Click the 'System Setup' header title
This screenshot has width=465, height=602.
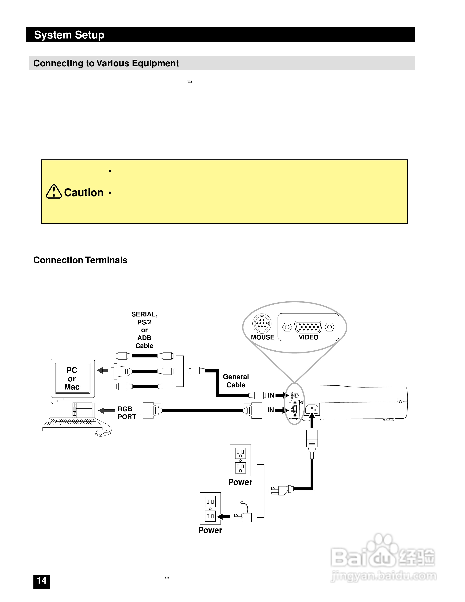[x=69, y=35]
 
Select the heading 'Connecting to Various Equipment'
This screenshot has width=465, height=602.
[x=106, y=63]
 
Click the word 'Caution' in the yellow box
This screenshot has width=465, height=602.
[x=84, y=193]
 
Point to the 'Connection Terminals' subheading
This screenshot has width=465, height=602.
[x=80, y=260]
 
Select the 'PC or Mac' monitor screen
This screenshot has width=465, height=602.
[x=72, y=378]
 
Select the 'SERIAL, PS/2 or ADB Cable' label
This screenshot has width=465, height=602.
[x=144, y=330]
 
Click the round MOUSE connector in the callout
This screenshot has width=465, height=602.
[x=262, y=323]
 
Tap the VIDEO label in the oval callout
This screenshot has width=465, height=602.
[x=308, y=337]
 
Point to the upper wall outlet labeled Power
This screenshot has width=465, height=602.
[x=240, y=460]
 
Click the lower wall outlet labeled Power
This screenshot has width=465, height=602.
[x=210, y=509]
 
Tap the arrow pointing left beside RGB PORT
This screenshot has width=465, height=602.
[x=106, y=411]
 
